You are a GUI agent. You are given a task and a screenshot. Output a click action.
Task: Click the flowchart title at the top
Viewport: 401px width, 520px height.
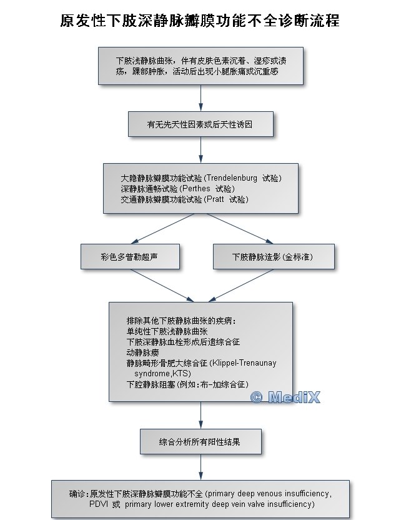click(x=200, y=21)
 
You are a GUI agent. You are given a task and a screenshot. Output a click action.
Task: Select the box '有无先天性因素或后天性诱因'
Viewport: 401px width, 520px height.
click(x=200, y=124)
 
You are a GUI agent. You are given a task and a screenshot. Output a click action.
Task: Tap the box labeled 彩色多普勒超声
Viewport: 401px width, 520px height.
click(x=130, y=257)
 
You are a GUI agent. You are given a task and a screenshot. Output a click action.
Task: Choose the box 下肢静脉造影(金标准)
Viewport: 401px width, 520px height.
click(x=274, y=257)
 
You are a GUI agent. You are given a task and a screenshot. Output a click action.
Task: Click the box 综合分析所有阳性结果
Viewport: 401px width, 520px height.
click(x=200, y=442)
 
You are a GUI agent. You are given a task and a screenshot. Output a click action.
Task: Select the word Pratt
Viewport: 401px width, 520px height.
click(x=214, y=199)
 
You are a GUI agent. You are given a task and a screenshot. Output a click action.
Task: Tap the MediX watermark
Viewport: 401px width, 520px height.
click(x=285, y=397)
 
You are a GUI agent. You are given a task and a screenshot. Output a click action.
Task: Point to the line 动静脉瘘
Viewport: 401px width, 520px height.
click(x=143, y=352)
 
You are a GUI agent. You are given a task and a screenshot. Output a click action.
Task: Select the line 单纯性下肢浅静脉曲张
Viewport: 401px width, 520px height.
click(x=167, y=331)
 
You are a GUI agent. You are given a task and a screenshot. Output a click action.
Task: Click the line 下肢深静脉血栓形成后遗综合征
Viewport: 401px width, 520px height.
click(x=183, y=342)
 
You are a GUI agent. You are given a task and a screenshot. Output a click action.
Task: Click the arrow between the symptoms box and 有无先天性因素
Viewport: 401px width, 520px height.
click(x=200, y=98)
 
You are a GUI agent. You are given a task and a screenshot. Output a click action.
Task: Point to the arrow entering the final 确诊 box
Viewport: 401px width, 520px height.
click(x=200, y=468)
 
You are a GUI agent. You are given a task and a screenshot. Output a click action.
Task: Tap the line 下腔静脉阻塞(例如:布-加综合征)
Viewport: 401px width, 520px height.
click(x=187, y=383)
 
